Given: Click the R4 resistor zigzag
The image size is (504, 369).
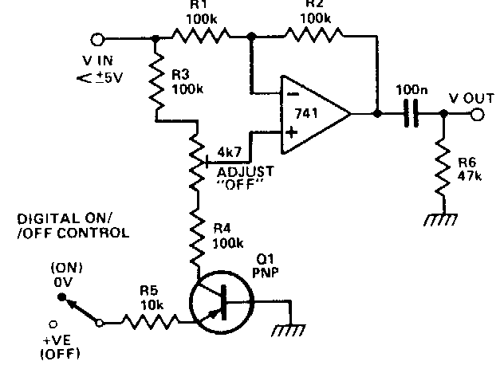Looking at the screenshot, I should [195, 235].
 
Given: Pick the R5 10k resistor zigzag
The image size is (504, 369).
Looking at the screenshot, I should [152, 323].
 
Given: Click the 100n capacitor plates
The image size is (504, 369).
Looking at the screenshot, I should [411, 114].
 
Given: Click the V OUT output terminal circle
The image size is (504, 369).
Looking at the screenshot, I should [476, 115].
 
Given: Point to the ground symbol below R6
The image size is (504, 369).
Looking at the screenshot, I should [439, 219].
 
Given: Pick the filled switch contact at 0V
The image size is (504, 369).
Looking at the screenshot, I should [60, 297].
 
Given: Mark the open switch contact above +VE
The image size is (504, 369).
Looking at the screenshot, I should [54, 324].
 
